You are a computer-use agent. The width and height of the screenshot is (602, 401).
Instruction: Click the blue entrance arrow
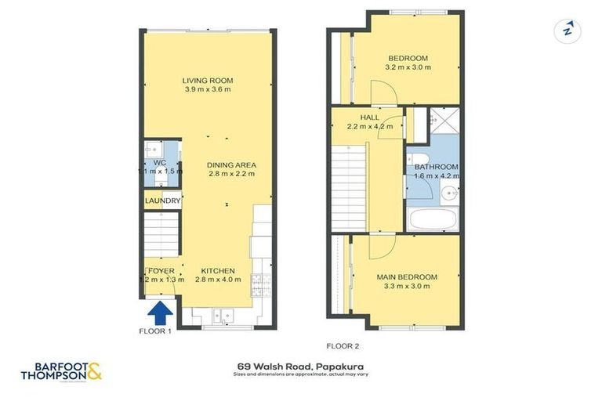click(x=160, y=312)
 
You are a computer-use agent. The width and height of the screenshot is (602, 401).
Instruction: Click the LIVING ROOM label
click(x=208, y=81)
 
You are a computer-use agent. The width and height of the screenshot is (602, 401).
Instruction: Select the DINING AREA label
click(x=232, y=164)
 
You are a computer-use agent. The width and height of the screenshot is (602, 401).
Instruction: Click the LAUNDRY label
click(x=163, y=201)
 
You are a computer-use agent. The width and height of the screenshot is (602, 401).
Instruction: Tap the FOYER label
click(x=161, y=271)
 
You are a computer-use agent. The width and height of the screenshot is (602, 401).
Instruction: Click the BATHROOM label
click(x=437, y=167)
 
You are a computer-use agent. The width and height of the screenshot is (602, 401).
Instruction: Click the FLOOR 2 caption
click(x=343, y=345)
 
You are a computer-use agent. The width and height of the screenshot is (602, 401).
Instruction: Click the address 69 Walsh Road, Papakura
click(x=301, y=366)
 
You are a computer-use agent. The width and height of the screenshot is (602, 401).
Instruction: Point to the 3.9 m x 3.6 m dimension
click(x=208, y=90)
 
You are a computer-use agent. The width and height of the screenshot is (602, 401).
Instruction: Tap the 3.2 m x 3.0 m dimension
click(x=408, y=68)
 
